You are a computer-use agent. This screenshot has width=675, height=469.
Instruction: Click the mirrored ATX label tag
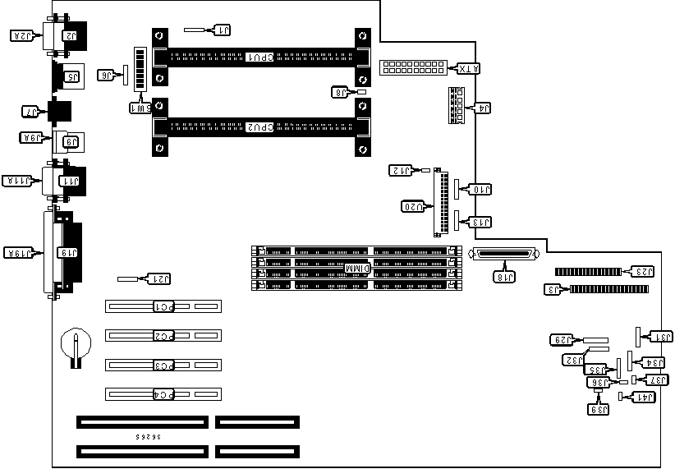tap(468, 68)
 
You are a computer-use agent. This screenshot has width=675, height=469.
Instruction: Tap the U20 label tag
tap(412, 205)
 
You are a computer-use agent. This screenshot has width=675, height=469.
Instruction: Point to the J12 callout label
tap(400, 171)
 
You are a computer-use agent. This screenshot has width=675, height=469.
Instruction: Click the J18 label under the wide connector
tap(506, 277)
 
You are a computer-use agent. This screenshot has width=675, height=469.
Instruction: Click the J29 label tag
tap(562, 339)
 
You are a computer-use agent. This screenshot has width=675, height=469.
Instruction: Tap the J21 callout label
tap(159, 279)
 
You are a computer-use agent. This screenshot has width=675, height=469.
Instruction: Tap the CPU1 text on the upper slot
tap(260, 58)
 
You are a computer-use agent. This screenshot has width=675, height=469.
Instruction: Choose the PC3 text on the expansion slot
tap(164, 365)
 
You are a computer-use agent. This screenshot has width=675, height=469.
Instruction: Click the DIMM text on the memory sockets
tap(357, 269)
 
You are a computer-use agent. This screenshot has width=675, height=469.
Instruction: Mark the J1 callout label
tap(223, 30)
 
